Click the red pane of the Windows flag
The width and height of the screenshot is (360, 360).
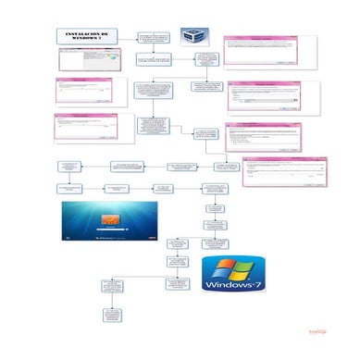coord(221,267)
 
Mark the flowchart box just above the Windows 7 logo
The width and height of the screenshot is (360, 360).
coord(215,244)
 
